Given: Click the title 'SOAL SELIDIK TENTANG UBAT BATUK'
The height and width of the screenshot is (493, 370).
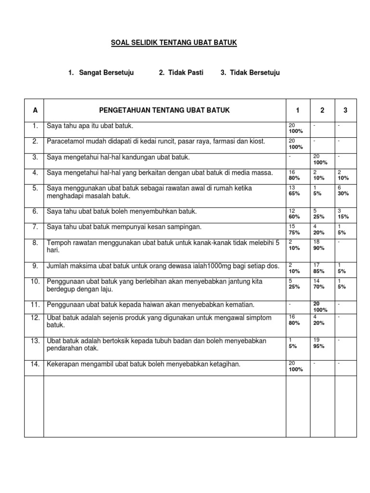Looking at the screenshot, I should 174,43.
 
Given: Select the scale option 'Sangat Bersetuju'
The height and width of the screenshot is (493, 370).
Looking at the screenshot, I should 105,73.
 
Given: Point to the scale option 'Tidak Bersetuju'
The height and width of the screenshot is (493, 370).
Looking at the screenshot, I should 255,73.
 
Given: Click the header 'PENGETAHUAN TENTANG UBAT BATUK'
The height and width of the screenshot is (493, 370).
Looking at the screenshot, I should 164,110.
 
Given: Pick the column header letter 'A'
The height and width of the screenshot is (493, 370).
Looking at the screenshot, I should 35,110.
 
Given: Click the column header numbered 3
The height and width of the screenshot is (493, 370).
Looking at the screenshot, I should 345,110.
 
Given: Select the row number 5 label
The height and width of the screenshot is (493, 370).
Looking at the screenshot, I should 35,188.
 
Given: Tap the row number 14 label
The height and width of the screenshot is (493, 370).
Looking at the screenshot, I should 35,364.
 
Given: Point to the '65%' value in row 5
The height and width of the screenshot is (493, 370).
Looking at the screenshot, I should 294,194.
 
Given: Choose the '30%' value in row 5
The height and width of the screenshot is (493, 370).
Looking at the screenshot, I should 344,194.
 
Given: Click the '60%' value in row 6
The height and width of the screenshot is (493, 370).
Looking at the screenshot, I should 294,217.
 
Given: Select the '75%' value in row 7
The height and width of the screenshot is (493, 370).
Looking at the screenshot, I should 294,233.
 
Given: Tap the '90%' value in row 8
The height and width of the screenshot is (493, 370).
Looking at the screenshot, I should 319,248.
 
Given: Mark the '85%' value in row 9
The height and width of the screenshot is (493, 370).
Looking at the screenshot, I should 319,271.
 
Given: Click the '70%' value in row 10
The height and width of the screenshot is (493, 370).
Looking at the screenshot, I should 319,286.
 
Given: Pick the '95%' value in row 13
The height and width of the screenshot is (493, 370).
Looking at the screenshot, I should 319,346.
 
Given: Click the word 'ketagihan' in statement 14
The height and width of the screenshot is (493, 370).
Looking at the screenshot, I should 225,364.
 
